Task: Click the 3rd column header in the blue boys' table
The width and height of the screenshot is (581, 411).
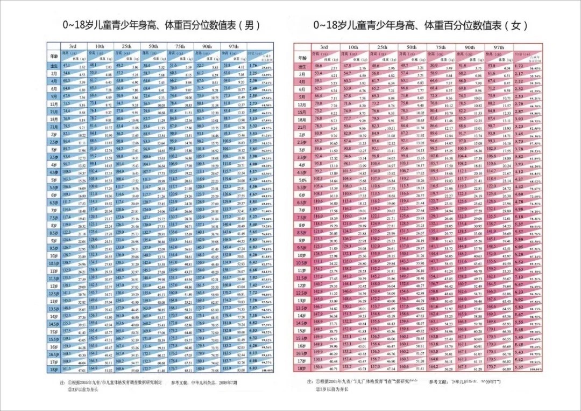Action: (x=69, y=46)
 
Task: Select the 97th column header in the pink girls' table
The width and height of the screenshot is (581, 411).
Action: (x=499, y=47)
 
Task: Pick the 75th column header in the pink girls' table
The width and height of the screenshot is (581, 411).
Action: (x=440, y=47)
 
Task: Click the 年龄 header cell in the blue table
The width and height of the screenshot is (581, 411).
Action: (x=53, y=55)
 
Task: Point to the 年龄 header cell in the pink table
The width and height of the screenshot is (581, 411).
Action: (x=303, y=56)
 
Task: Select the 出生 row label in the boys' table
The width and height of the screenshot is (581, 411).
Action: (x=53, y=66)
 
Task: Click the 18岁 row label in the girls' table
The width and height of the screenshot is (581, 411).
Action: (x=303, y=367)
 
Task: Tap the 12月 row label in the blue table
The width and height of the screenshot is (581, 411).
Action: (x=53, y=103)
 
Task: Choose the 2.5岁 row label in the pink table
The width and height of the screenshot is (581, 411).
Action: (x=303, y=141)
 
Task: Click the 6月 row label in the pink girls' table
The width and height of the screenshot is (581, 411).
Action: (x=303, y=88)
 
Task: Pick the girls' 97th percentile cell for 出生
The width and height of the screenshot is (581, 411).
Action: (x=499, y=66)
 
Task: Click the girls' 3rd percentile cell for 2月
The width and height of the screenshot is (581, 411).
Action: (x=323, y=73)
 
